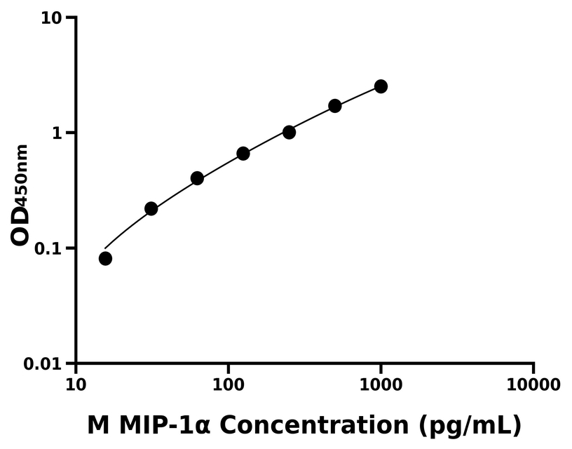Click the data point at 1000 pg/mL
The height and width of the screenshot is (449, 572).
381,86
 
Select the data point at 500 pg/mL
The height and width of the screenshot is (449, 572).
335,106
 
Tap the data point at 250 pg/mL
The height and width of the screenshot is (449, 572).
289,132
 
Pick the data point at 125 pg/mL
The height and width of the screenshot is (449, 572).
243,153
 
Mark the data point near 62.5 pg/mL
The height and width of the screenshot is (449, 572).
197,178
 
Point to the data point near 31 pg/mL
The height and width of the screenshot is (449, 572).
151,208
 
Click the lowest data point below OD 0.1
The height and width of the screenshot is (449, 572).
105,258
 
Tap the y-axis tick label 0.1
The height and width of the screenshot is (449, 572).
48,248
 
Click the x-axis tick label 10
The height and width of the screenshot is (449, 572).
76,385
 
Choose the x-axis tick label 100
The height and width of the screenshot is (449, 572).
228,385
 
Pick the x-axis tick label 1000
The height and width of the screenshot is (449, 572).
381,385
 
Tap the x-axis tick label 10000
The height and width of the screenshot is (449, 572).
533,385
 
